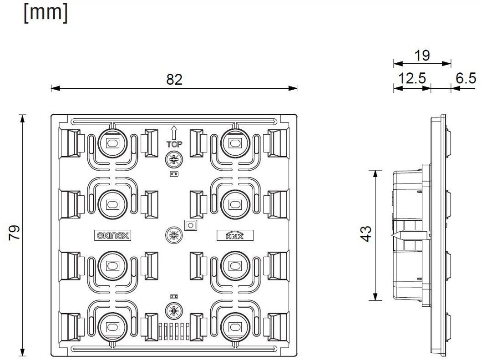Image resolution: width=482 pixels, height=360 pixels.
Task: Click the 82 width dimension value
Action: coord(174,79)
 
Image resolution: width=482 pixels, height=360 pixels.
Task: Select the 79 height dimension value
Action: coord(15,233)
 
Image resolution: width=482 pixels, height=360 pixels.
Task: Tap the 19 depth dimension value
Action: coord(421,56)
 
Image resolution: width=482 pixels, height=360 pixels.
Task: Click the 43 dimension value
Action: coord(367,235)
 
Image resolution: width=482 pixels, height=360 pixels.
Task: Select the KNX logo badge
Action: coord(234,235)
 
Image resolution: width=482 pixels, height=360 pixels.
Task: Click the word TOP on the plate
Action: coord(173,143)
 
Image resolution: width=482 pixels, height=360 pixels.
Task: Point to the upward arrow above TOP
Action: coord(173,132)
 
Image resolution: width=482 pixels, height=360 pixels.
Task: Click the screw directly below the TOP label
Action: coord(173,160)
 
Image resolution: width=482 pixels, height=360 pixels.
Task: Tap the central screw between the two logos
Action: coord(173,235)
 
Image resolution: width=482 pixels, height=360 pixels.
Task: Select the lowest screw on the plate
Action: coord(173,311)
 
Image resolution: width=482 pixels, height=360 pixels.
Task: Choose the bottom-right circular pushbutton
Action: coord(234,326)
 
